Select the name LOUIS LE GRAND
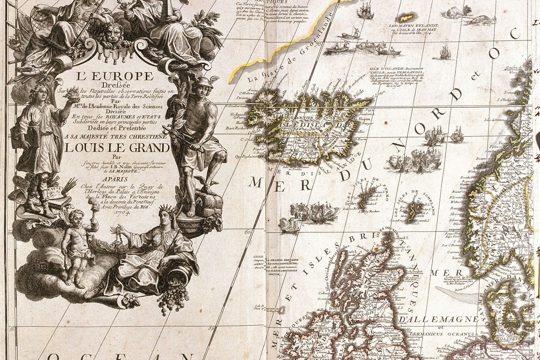(117, 148)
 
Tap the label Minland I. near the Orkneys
(396, 238)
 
